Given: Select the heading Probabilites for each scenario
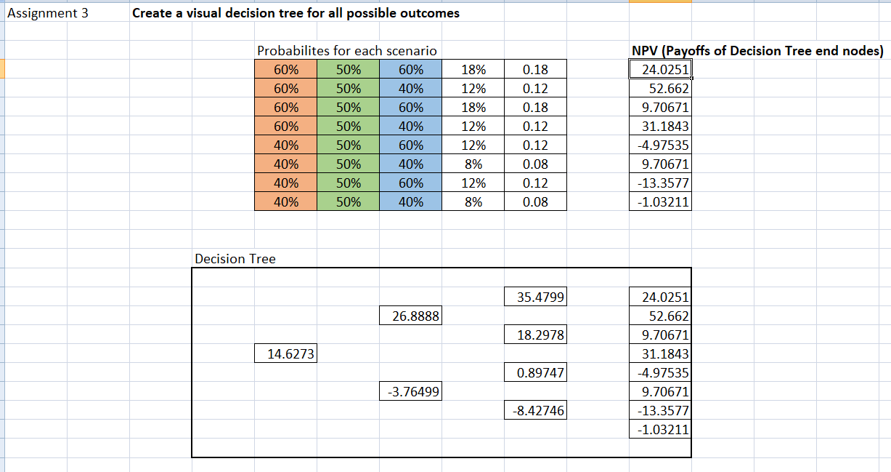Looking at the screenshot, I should tap(347, 51).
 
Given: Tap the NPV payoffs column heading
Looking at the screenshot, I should tap(757, 51).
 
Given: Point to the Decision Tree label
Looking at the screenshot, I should tap(235, 259).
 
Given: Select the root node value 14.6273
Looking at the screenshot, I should tap(286, 354).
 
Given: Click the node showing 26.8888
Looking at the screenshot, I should tap(411, 316).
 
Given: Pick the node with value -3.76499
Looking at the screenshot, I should tap(411, 392).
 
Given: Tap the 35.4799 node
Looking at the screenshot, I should tap(535, 297).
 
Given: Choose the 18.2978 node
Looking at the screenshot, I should tap(535, 335).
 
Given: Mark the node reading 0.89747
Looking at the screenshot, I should tap(535, 373).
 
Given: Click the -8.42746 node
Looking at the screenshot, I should tap(535, 411).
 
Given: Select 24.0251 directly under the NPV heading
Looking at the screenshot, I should tap(661, 70).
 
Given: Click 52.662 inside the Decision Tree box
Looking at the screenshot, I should tap(661, 316).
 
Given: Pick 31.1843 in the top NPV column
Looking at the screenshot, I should tap(661, 127).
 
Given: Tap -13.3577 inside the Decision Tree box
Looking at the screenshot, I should tap(661, 411).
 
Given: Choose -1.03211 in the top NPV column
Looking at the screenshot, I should tap(661, 202).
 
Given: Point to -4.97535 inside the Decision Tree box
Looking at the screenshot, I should tap(661, 373).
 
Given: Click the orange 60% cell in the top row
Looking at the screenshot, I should tap(286, 70).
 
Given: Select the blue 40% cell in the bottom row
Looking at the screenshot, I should tap(411, 202).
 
